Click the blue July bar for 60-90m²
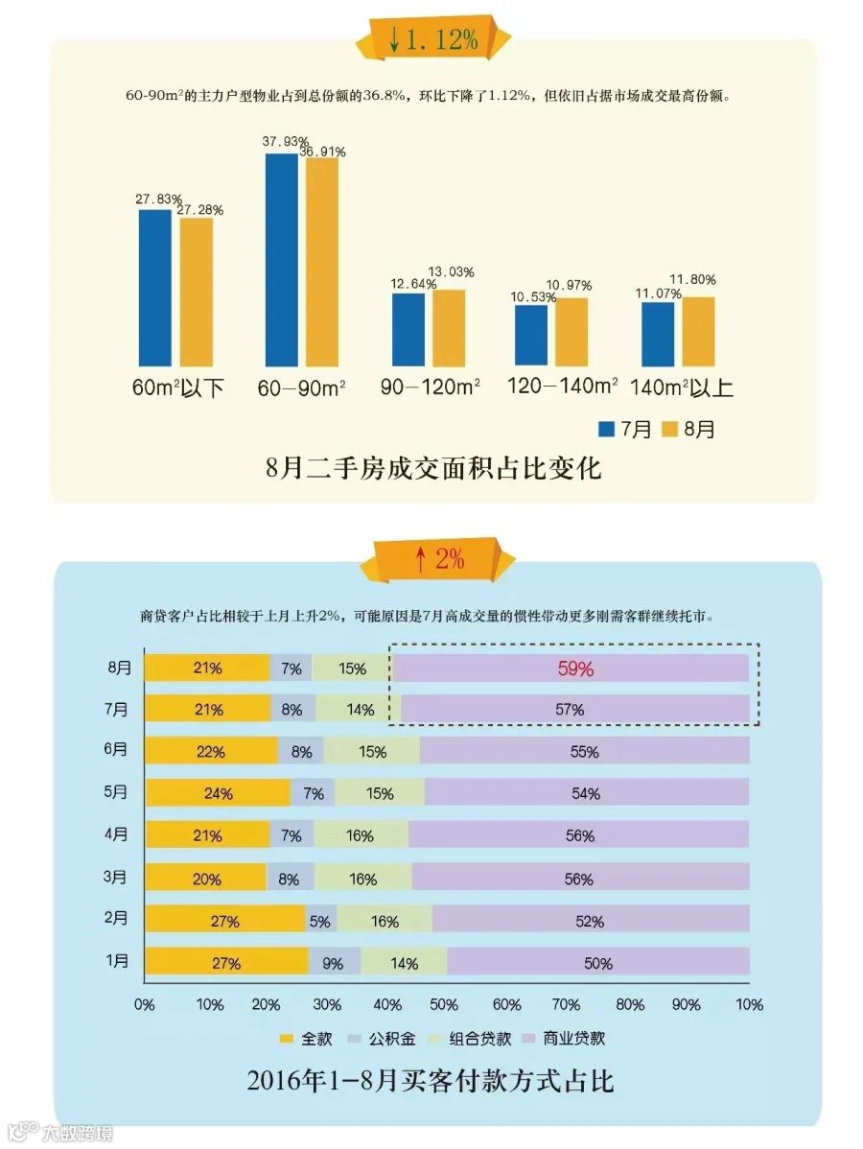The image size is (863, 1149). click(x=281, y=260)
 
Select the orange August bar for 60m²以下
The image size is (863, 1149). click(x=196, y=292)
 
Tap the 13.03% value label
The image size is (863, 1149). click(x=451, y=271)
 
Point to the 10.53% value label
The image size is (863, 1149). click(x=533, y=296)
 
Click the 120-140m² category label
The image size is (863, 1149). click(x=562, y=386)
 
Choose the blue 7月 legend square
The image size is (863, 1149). click(x=606, y=430)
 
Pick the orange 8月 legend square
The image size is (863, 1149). click(x=669, y=430)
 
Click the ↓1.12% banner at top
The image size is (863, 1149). click(x=433, y=39)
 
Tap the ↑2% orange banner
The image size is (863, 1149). click(x=438, y=560)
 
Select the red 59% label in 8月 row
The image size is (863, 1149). click(x=576, y=668)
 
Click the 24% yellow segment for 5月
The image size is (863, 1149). click(x=218, y=793)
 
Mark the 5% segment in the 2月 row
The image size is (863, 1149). click(x=321, y=921)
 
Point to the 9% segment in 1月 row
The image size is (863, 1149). click(x=334, y=962)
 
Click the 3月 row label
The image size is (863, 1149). click(x=115, y=878)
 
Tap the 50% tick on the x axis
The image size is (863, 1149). click(x=444, y=1004)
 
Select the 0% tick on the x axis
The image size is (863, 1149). click(x=145, y=1004)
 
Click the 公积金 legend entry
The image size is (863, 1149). click(x=383, y=1039)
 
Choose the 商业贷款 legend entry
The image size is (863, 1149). click(x=564, y=1039)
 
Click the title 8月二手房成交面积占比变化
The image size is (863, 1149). click(x=433, y=468)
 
